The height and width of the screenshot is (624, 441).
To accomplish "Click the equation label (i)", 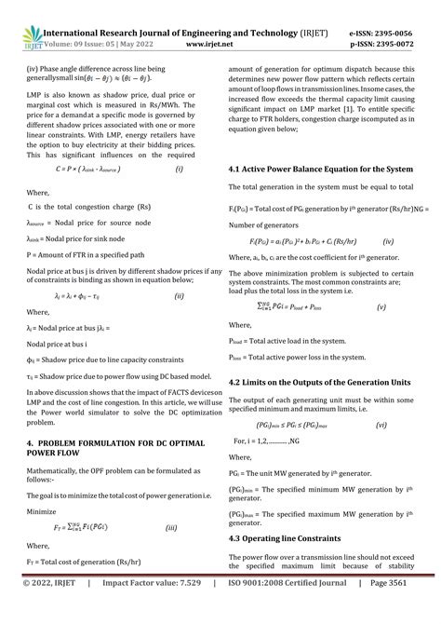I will (180, 169).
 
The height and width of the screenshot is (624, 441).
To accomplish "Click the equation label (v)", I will (381, 305).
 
